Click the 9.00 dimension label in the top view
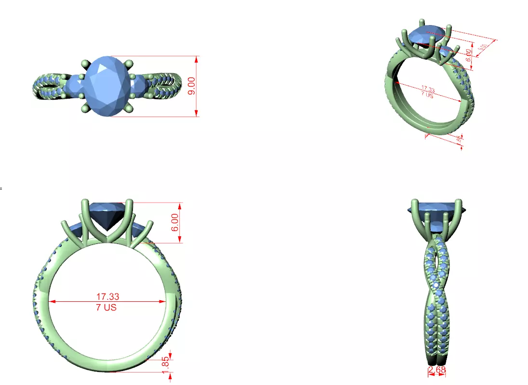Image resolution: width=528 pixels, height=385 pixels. click(x=192, y=86)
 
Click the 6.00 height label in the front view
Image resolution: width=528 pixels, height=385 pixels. click(x=175, y=222)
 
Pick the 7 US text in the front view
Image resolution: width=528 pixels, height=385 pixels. click(x=106, y=307)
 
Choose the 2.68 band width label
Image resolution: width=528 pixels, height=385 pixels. click(x=436, y=370)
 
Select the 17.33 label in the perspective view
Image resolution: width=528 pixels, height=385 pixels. click(x=427, y=89)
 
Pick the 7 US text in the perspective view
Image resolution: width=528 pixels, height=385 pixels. click(x=426, y=95)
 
